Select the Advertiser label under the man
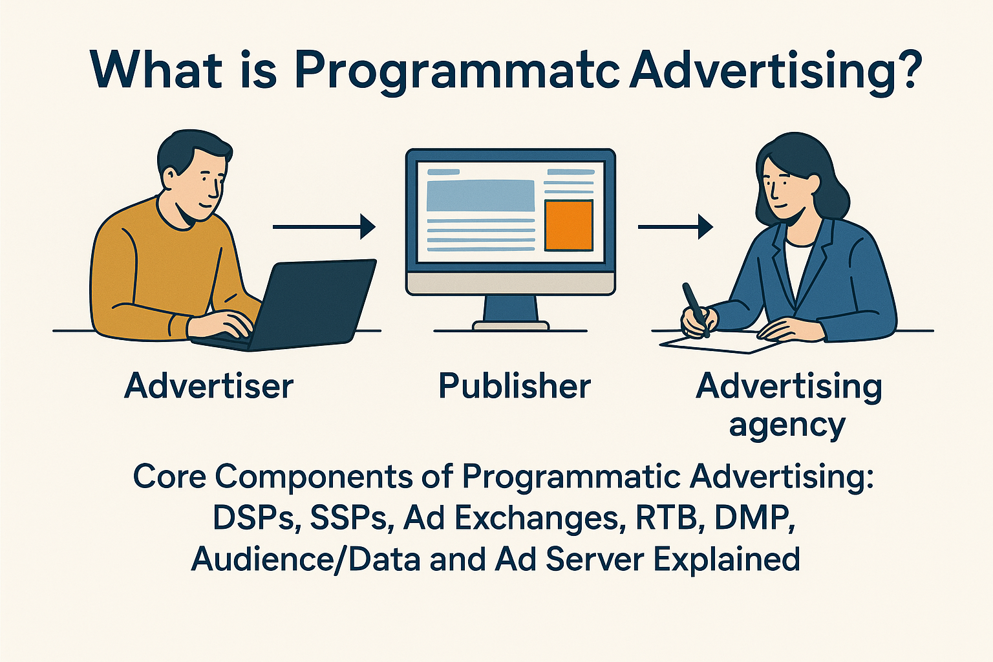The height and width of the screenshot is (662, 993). click(209, 386)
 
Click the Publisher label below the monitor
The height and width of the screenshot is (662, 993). click(515, 386)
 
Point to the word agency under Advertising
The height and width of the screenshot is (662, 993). click(787, 426)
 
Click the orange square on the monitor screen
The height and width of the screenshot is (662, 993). click(568, 225)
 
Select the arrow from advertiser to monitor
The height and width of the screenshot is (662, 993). click(324, 227)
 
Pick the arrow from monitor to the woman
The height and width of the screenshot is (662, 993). click(675, 227)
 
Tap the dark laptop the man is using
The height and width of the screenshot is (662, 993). click(310, 304)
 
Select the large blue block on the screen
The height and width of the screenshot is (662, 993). click(481, 195)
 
